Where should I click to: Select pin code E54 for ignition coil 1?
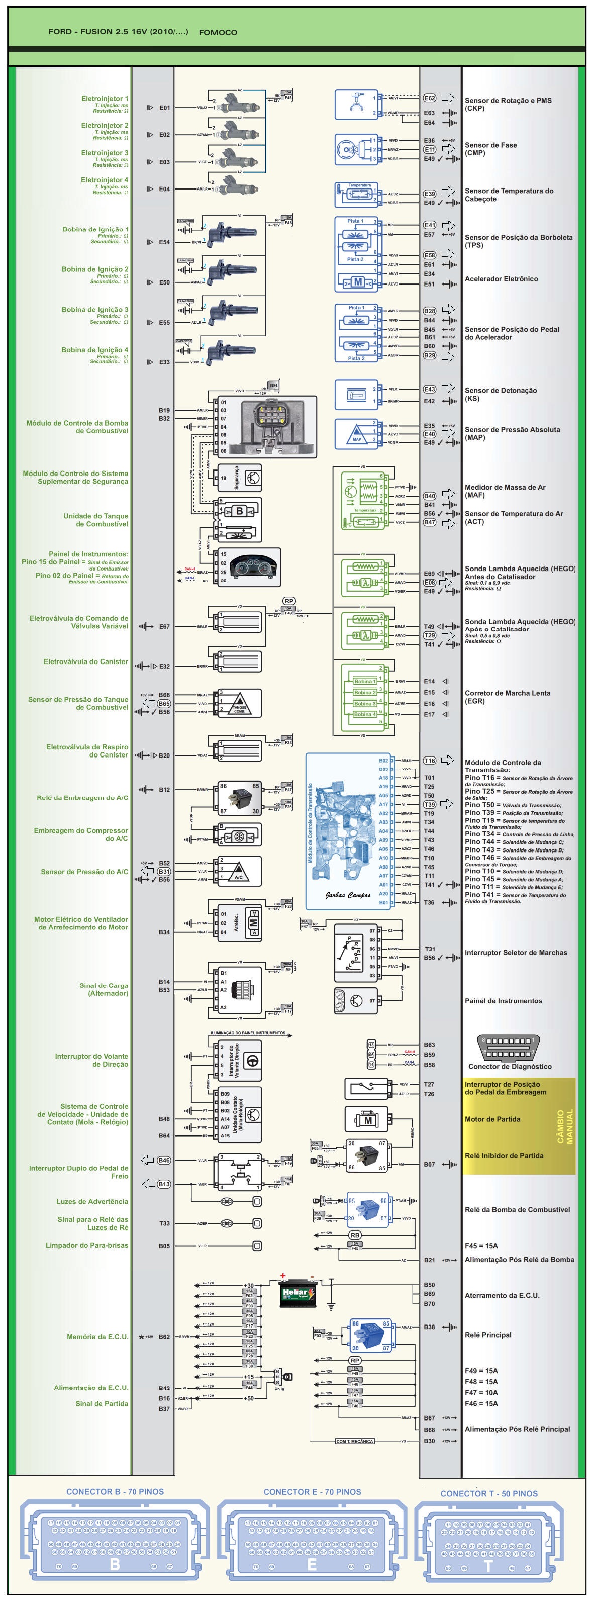(164, 242)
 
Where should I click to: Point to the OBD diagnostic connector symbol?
(510, 1048)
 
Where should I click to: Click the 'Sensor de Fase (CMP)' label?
(491, 149)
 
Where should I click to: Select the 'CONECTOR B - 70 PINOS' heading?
(115, 1491)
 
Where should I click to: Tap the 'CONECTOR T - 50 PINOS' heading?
(488, 1493)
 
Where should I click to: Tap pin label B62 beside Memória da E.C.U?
(164, 1337)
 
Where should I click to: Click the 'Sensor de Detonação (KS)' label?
(500, 394)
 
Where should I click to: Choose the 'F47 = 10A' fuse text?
(481, 1392)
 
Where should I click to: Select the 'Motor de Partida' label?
(492, 1119)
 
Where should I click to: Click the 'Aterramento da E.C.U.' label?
(502, 1295)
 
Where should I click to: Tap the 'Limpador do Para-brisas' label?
(87, 1245)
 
